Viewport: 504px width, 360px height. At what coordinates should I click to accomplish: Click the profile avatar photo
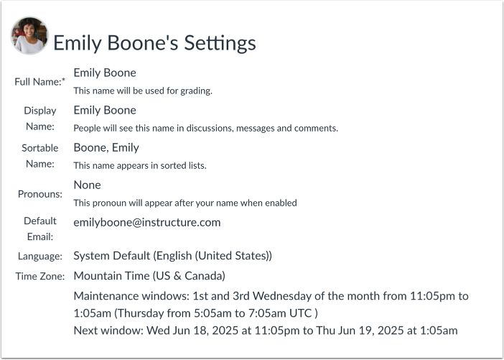(x=29, y=35)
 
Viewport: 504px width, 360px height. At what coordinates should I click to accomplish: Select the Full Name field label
(x=39, y=82)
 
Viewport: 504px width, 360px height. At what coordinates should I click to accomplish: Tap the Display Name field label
(x=39, y=119)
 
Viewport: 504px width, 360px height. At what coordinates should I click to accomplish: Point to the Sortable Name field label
(x=39, y=156)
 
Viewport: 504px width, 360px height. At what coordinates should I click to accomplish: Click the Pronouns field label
(x=40, y=194)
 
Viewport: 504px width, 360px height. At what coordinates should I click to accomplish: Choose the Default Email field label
(x=39, y=229)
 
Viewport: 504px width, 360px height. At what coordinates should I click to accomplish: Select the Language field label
(x=40, y=256)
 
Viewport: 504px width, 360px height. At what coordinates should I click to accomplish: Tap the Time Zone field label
(x=40, y=276)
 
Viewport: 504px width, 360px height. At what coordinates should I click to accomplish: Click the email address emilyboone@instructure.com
(x=146, y=222)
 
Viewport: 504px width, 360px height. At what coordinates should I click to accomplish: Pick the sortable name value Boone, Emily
(x=106, y=147)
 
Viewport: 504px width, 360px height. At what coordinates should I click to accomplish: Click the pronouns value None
(x=87, y=185)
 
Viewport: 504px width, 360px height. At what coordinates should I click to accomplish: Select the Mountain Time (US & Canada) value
(x=149, y=276)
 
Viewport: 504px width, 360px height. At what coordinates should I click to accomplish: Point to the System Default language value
(x=172, y=256)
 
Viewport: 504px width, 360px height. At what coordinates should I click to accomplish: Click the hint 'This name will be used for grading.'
(x=143, y=91)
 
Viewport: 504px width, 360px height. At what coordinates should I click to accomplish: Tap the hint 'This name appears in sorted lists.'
(x=140, y=165)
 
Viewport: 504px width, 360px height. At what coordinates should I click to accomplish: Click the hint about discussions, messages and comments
(x=205, y=128)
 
